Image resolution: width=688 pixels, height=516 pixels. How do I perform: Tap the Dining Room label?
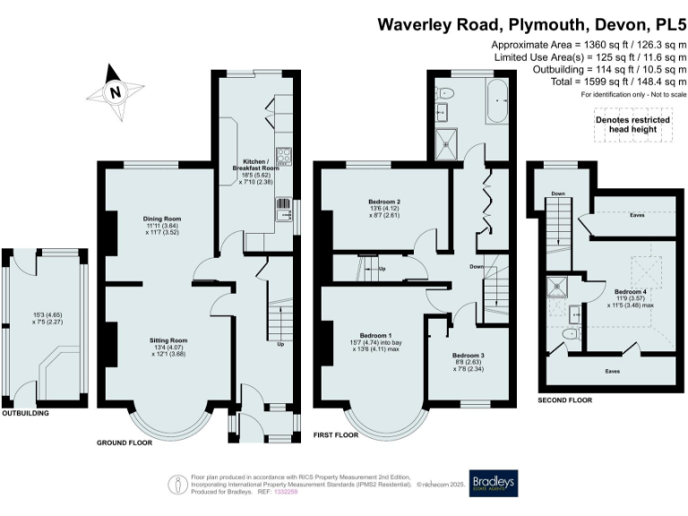(x=163, y=219)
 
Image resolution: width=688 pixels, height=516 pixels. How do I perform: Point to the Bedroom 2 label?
(x=383, y=202)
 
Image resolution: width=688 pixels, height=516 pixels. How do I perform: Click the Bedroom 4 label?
(x=631, y=291)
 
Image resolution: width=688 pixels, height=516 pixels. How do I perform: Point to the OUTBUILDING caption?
(x=24, y=414)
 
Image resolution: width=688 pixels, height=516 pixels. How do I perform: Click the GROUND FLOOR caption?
(x=125, y=443)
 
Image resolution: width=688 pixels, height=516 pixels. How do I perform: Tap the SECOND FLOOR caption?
(x=563, y=400)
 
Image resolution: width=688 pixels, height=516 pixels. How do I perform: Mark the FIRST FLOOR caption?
(x=336, y=434)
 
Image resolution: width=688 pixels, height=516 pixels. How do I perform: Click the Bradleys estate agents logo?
(x=493, y=485)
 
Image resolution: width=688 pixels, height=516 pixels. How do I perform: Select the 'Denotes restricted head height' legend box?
(x=632, y=124)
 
